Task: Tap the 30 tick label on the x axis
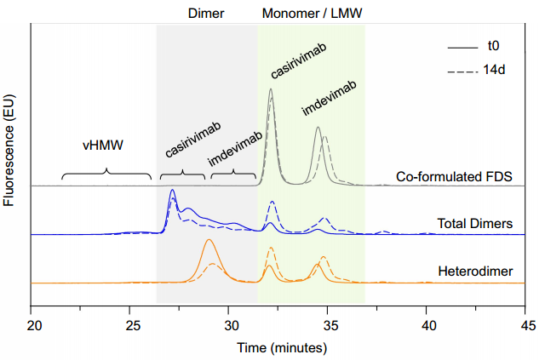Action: (230, 324)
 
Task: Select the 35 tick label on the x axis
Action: (329, 324)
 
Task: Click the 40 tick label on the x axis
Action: (427, 324)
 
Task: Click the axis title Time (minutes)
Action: (280, 347)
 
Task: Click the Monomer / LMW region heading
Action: (313, 13)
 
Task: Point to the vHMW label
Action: (103, 146)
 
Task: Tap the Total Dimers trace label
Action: (475, 225)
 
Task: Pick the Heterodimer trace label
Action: (479, 272)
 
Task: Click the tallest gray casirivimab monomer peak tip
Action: (271, 89)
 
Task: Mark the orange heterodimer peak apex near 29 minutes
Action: (209, 241)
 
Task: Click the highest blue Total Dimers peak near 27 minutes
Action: (173, 190)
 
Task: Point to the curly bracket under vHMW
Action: (106, 174)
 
